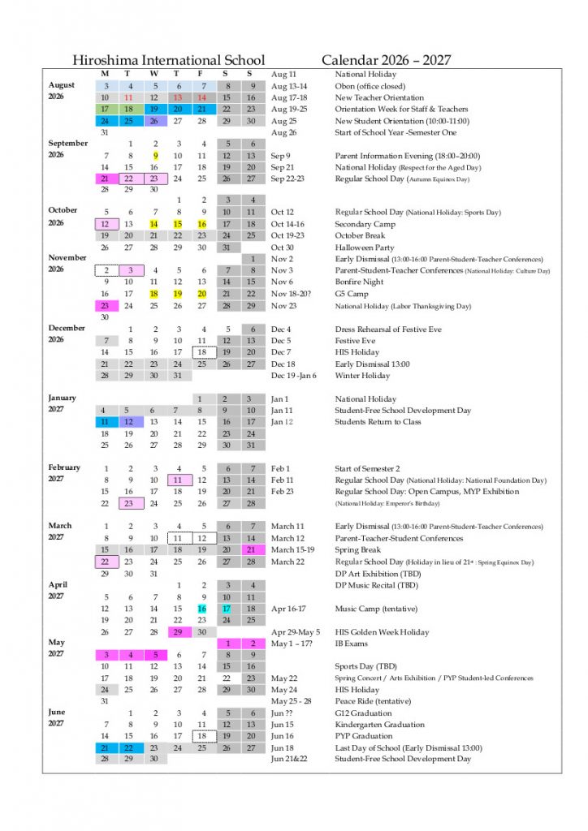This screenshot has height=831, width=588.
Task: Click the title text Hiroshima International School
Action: click(x=168, y=60)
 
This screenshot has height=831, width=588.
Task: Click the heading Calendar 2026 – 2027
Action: click(x=386, y=60)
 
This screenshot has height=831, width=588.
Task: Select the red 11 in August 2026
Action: click(x=128, y=97)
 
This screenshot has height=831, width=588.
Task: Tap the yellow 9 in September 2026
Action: click(x=154, y=156)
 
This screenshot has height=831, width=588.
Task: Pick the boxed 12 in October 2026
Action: click(x=105, y=224)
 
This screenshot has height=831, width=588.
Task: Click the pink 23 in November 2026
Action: click(x=105, y=306)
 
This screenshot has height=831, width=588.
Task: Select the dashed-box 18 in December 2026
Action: click(x=202, y=352)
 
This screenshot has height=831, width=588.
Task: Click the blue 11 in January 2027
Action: click(x=105, y=422)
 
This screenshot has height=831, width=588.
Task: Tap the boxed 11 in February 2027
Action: click(x=178, y=480)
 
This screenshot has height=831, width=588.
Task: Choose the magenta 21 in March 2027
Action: click(x=251, y=550)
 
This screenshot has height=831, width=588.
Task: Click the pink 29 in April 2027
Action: click(x=178, y=632)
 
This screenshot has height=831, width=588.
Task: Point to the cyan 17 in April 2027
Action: click(x=227, y=609)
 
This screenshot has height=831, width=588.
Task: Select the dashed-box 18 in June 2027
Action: click(x=202, y=736)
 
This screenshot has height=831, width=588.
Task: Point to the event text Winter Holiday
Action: click(x=362, y=376)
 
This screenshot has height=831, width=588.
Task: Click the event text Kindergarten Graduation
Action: click(x=381, y=725)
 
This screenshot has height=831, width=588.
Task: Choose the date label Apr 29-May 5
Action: click(x=296, y=632)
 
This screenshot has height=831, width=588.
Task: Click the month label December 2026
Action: click(x=67, y=334)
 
